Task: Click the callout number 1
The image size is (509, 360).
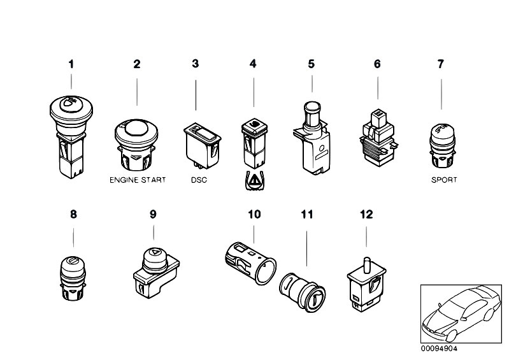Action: [x=72, y=64]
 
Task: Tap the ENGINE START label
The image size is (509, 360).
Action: [x=136, y=180]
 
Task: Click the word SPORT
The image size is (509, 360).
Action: [x=443, y=180]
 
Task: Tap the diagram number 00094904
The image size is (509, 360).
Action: [x=439, y=349]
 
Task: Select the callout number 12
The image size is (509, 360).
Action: [x=366, y=215]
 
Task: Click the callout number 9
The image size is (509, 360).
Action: [x=153, y=215]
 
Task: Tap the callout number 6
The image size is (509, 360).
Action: [x=377, y=64]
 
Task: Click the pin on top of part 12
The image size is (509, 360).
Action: [x=366, y=262]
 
